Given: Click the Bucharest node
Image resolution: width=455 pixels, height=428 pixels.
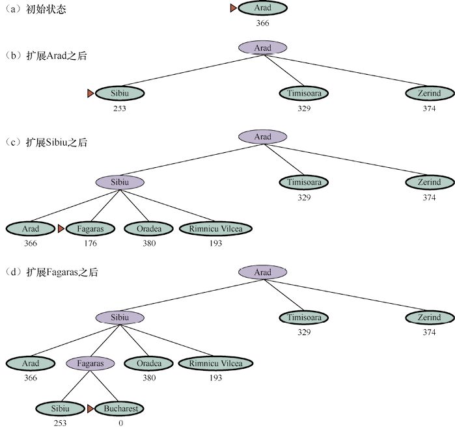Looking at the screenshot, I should (120, 409).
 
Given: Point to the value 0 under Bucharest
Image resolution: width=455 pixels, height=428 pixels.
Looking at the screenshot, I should (120, 423).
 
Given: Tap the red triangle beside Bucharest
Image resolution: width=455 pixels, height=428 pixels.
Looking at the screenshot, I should (90, 409).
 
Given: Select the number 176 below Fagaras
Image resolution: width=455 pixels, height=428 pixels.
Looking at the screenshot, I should (90, 243).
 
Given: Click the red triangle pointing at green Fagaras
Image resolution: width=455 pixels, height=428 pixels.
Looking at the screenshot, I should (61, 229).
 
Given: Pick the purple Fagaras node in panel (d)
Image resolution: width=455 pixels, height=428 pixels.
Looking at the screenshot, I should (90, 364).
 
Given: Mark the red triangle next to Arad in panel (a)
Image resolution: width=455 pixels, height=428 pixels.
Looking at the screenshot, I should (234, 8).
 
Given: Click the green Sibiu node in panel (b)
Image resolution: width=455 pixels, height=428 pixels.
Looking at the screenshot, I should (120, 94).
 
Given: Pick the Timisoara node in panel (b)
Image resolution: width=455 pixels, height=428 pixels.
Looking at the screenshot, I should (304, 94).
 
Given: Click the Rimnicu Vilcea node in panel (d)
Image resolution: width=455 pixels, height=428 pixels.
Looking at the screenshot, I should (215, 364).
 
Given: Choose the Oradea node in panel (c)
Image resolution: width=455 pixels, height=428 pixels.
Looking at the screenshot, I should (149, 229).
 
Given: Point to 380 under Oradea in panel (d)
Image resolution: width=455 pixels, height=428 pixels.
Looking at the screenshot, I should (149, 378).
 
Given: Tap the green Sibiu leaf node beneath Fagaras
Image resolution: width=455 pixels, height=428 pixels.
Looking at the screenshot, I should (59, 409).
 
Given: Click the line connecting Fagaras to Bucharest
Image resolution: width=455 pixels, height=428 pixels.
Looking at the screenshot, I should (106, 388).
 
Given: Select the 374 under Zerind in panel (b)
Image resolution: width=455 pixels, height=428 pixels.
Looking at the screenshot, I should (428, 108).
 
